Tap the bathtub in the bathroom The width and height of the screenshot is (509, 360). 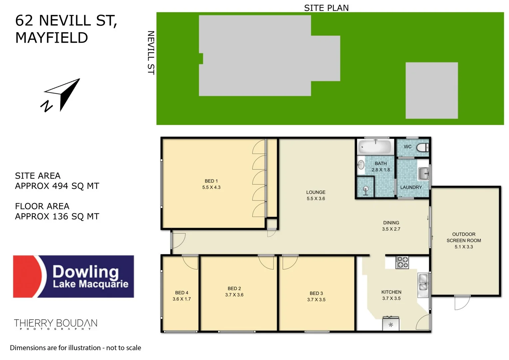pyautogui.click(x=375, y=147)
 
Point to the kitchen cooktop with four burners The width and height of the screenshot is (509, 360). pyautogui.click(x=402, y=262)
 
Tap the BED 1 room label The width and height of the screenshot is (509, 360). pyautogui.click(x=211, y=181)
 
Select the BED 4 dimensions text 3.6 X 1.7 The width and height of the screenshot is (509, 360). pyautogui.click(x=182, y=299)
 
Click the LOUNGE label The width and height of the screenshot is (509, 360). pyautogui.click(x=316, y=192)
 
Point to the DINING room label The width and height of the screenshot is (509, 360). pyautogui.click(x=391, y=223)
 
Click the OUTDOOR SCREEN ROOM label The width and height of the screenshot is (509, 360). pyautogui.click(x=464, y=237)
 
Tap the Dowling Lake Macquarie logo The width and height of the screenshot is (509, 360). pyautogui.click(x=74, y=276)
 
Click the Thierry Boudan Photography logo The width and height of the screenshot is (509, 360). pyautogui.click(x=56, y=324)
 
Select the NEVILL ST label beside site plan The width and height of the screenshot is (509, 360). pyautogui.click(x=151, y=53)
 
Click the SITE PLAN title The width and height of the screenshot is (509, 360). pyautogui.click(x=326, y=8)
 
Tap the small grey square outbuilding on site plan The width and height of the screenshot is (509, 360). pyautogui.click(x=431, y=90)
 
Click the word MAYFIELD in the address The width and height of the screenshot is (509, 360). pyautogui.click(x=52, y=38)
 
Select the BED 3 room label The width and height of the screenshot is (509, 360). pyautogui.click(x=316, y=293)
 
